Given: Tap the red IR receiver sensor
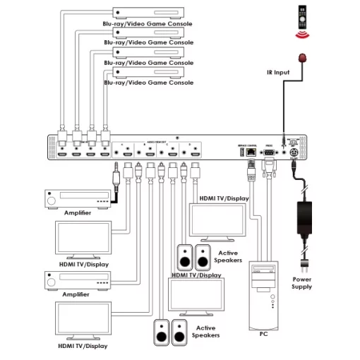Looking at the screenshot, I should tap(305, 59).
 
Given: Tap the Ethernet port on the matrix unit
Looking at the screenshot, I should tap(248, 151).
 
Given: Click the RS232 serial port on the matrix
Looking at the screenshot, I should tap(269, 151).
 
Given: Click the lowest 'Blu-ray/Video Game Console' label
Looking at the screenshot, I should tap(148, 83).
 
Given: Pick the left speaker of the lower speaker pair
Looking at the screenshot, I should tap(161, 332).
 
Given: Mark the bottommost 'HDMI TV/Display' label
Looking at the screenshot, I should tap(83, 346).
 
